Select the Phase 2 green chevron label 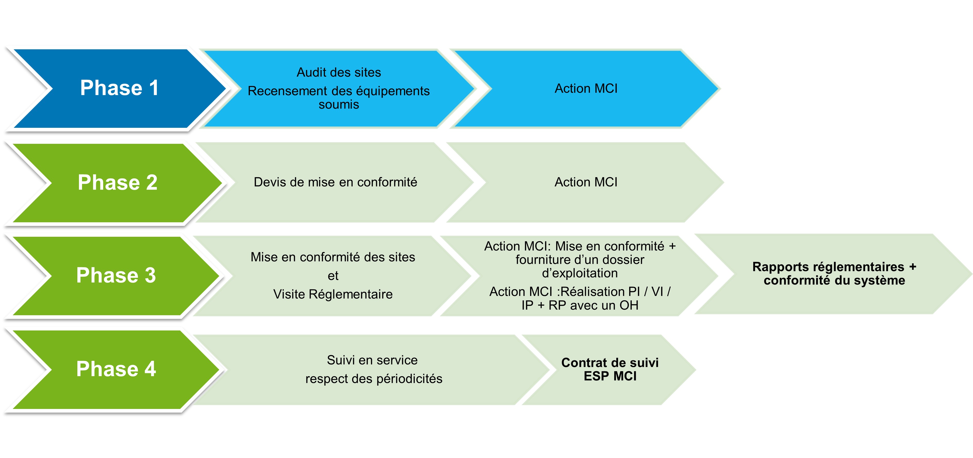tap(117, 183)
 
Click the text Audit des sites tap(338, 72)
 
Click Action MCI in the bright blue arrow tap(586, 89)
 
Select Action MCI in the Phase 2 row tap(586, 182)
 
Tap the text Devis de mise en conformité tap(335, 182)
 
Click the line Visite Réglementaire tap(333, 294)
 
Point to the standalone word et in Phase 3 tap(333, 276)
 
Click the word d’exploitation tap(580, 273)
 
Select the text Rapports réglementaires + tap(834, 267)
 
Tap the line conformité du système tap(834, 280)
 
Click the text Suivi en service tap(372, 360)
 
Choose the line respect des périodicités tap(374, 379)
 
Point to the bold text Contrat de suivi tap(610, 363)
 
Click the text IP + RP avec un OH tap(580, 305)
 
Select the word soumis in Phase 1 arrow tap(338, 105)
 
